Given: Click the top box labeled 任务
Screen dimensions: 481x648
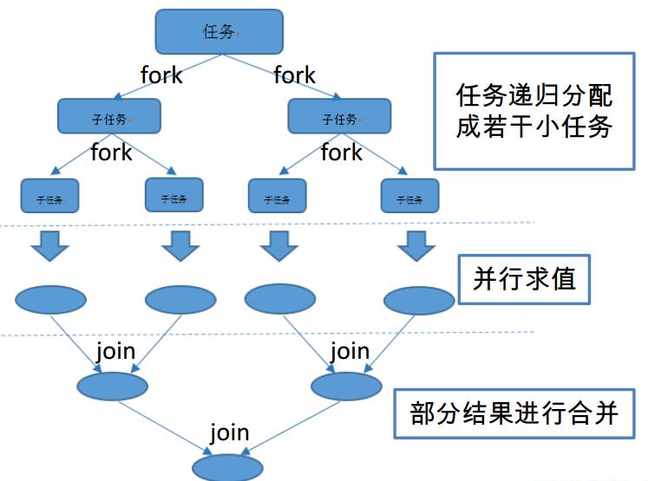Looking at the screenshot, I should pos(219,31).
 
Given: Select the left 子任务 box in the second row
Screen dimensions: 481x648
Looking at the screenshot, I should pos(110,117).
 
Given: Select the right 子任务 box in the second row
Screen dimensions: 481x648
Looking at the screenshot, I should pos(339,117).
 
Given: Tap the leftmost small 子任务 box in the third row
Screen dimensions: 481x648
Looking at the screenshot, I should pos(49,197).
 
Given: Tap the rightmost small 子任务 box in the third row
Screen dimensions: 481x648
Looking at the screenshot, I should pos(410,197).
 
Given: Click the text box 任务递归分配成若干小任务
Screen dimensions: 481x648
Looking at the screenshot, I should pos(534,110).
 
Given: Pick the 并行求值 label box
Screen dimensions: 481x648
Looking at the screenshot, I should pos(525,279).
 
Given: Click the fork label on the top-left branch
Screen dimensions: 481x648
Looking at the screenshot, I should pos(161,75).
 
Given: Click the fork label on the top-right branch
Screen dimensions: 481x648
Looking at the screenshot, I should pos(295,75).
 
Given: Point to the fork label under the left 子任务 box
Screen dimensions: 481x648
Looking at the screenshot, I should pos(111,153).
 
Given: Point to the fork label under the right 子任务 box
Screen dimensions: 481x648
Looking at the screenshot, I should pos(341,153).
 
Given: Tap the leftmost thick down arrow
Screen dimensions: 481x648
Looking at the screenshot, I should pos(50,246).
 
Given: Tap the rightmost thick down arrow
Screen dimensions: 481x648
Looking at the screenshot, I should pos(418,246).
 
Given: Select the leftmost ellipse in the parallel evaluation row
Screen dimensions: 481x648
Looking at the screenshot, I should pos(51,299).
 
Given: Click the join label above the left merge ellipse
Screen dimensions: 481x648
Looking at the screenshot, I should pos(115,352).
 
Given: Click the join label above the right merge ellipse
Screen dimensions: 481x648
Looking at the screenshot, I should pos(350,352).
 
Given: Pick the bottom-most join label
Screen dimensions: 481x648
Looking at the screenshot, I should pos(230,432).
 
